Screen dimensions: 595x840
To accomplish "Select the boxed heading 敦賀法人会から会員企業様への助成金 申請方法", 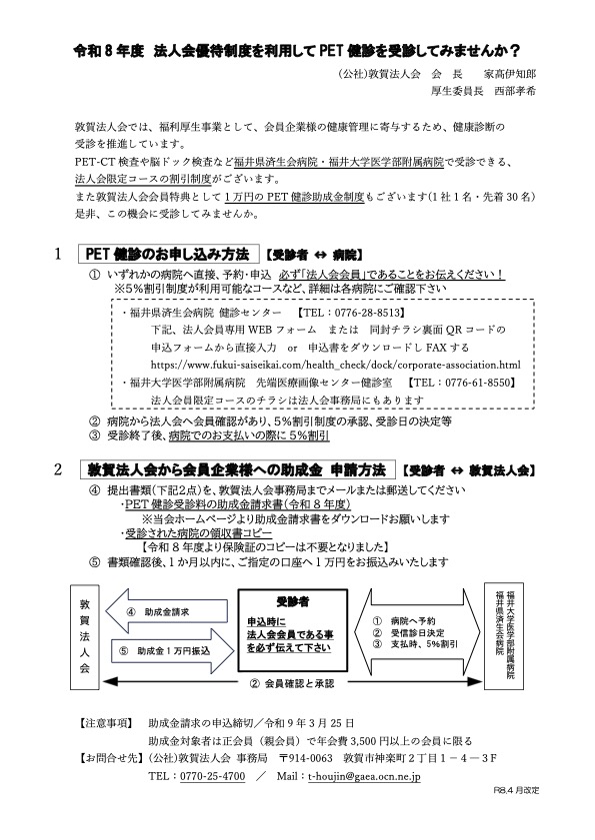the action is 237,469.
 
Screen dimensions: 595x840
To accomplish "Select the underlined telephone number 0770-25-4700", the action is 209,774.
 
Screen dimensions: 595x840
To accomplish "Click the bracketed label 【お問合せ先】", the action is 109,757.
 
